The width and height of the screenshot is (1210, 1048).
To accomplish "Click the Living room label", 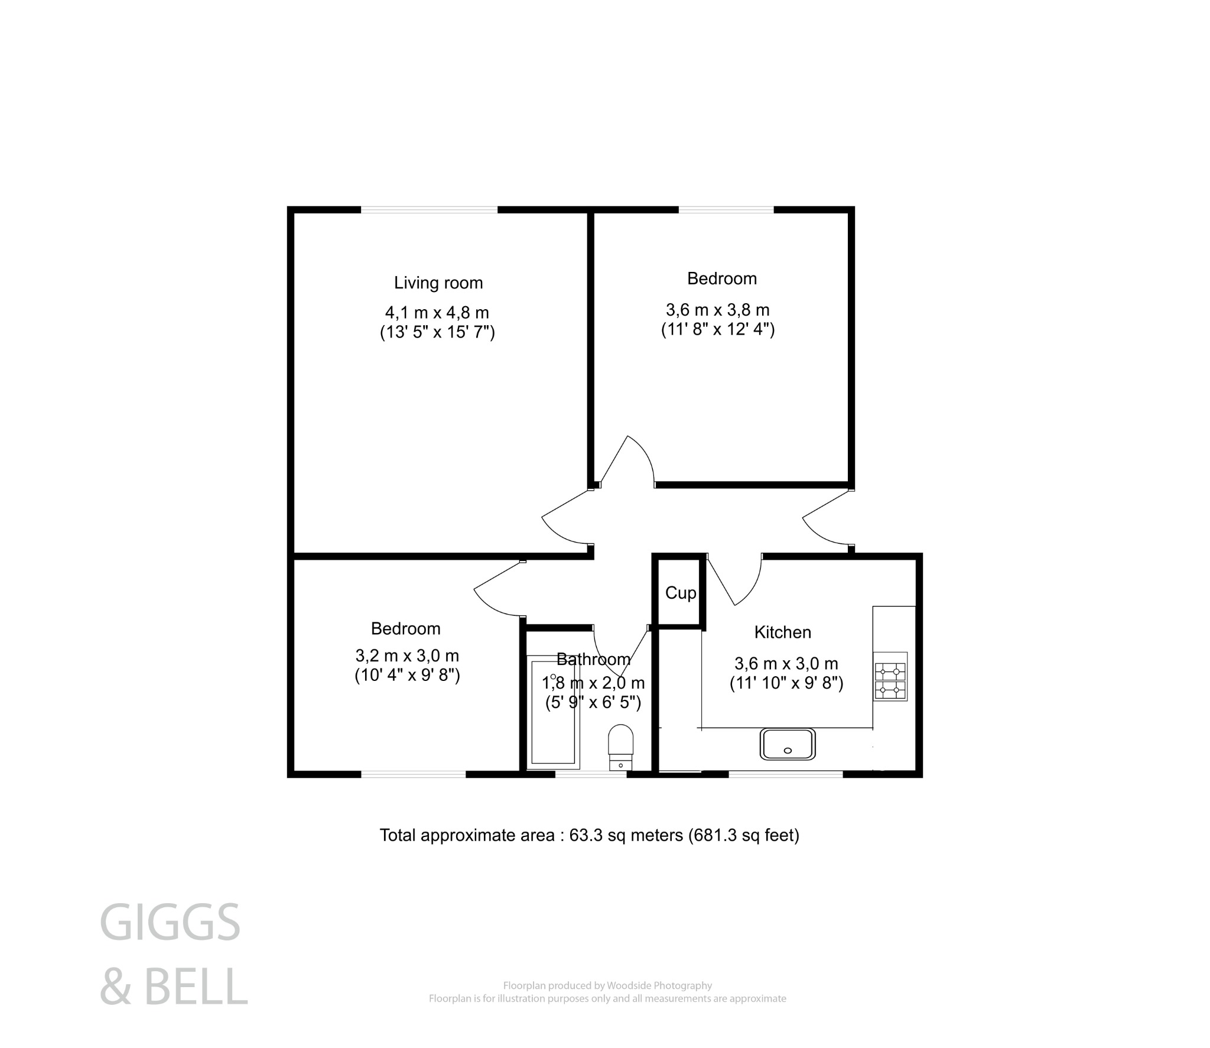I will (438, 283).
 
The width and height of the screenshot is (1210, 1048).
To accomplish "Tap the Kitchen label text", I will (782, 632).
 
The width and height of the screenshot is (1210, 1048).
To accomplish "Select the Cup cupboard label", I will (681, 593).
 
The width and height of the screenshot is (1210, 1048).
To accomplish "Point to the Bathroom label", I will (593, 659).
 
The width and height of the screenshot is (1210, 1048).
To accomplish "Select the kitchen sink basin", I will (788, 744).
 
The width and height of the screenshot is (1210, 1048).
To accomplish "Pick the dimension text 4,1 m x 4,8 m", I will (437, 313).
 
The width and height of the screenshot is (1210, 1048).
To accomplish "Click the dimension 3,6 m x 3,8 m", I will (718, 310).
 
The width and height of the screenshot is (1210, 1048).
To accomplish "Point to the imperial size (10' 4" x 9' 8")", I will (407, 675).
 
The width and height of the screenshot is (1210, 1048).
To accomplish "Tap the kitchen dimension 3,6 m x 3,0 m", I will (786, 664).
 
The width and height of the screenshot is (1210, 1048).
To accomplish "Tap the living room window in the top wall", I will (429, 209).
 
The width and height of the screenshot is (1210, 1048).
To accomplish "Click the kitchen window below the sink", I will (785, 773).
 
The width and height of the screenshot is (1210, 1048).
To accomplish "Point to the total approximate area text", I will (589, 835).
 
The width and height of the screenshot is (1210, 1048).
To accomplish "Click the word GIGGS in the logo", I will (170, 923).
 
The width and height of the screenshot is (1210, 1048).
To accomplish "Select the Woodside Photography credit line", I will (607, 985).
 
